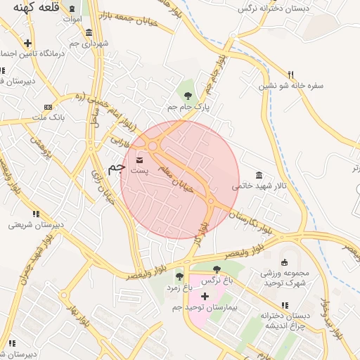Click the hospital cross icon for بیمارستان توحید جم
(205, 297)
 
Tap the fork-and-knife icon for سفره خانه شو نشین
(290, 75)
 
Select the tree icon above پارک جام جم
(188, 95)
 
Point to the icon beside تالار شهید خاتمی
(259, 175)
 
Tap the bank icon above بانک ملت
(48, 107)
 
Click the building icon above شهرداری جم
(89, 32)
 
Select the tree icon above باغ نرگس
(216, 269)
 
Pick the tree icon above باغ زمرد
(179, 276)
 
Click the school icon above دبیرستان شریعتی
(34, 213)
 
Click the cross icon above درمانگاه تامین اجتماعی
(27, 43)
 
